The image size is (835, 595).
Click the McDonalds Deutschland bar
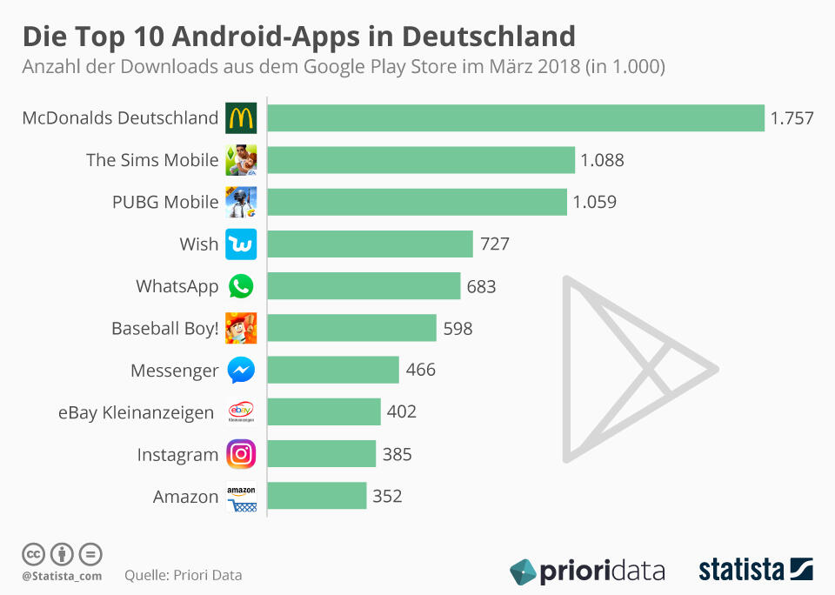click(515, 117)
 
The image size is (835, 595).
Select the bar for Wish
click(370, 244)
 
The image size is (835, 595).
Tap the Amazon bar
click(317, 496)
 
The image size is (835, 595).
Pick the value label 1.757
click(792, 118)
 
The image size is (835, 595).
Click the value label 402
click(402, 411)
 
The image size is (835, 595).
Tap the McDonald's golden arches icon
click(241, 117)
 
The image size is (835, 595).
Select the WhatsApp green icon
click(241, 286)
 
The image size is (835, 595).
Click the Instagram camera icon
click(241, 454)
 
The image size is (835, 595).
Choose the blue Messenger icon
click(241, 371)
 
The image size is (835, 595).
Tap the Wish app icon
click(241, 244)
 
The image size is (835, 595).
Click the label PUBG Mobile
click(165, 202)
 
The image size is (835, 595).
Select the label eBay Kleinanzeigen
click(136, 412)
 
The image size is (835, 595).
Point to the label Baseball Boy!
click(164, 329)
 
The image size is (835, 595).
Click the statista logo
click(756, 570)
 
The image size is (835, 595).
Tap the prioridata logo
click(587, 571)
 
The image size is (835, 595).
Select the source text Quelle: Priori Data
click(184, 575)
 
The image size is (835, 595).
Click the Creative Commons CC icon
click(33, 553)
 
